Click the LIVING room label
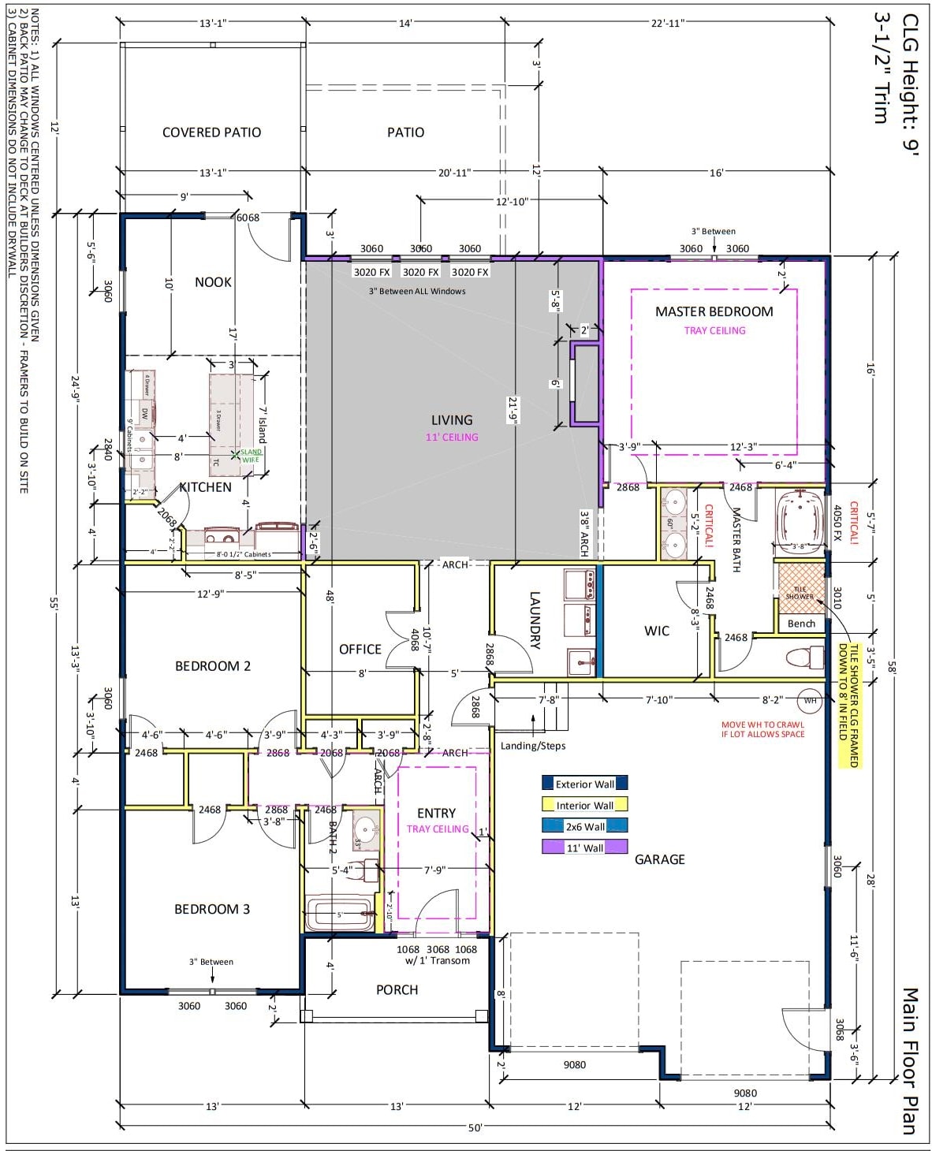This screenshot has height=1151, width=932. (x=451, y=420)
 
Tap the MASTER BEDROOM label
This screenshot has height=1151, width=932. (x=714, y=311)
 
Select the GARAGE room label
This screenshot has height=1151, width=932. (x=659, y=859)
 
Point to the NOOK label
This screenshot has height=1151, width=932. (x=213, y=282)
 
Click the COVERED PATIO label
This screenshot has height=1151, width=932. (x=211, y=132)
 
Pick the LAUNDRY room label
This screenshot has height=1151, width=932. (x=535, y=620)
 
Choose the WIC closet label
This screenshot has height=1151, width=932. (x=657, y=631)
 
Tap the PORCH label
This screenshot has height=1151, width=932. (x=397, y=989)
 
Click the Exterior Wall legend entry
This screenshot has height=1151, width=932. (x=584, y=784)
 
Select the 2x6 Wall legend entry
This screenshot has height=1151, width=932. (x=584, y=826)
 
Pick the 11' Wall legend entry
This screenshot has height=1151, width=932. (x=584, y=847)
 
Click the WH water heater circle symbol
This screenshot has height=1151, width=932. (x=810, y=700)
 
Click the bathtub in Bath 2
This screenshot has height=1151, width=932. (x=339, y=914)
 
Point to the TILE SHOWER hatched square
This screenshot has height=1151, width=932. (x=799, y=587)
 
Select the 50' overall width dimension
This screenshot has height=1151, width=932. (x=475, y=1127)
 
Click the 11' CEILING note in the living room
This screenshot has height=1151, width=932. (x=452, y=437)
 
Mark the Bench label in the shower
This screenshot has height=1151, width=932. (x=801, y=624)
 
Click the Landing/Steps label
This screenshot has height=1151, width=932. (x=533, y=746)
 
